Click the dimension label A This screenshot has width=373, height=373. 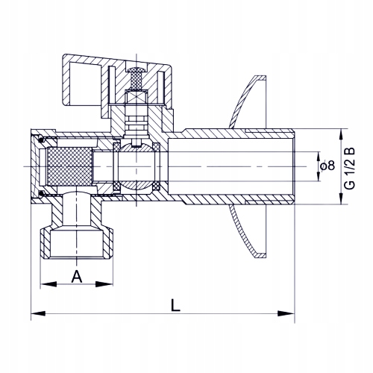(x=77, y=277)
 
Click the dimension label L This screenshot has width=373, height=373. (x=175, y=305)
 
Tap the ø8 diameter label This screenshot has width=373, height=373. (x=327, y=166)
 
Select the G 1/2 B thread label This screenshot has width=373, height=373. (x=350, y=169)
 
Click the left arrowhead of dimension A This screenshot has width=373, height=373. (x=48, y=284)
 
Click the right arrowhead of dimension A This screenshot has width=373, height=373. (x=104, y=284)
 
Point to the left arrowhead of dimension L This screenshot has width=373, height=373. (x=38, y=313)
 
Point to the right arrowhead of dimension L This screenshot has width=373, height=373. (x=286, y=313)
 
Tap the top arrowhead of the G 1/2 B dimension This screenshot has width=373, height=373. (x=342, y=137)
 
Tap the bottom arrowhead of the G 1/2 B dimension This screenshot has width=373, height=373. (x=342, y=197)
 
